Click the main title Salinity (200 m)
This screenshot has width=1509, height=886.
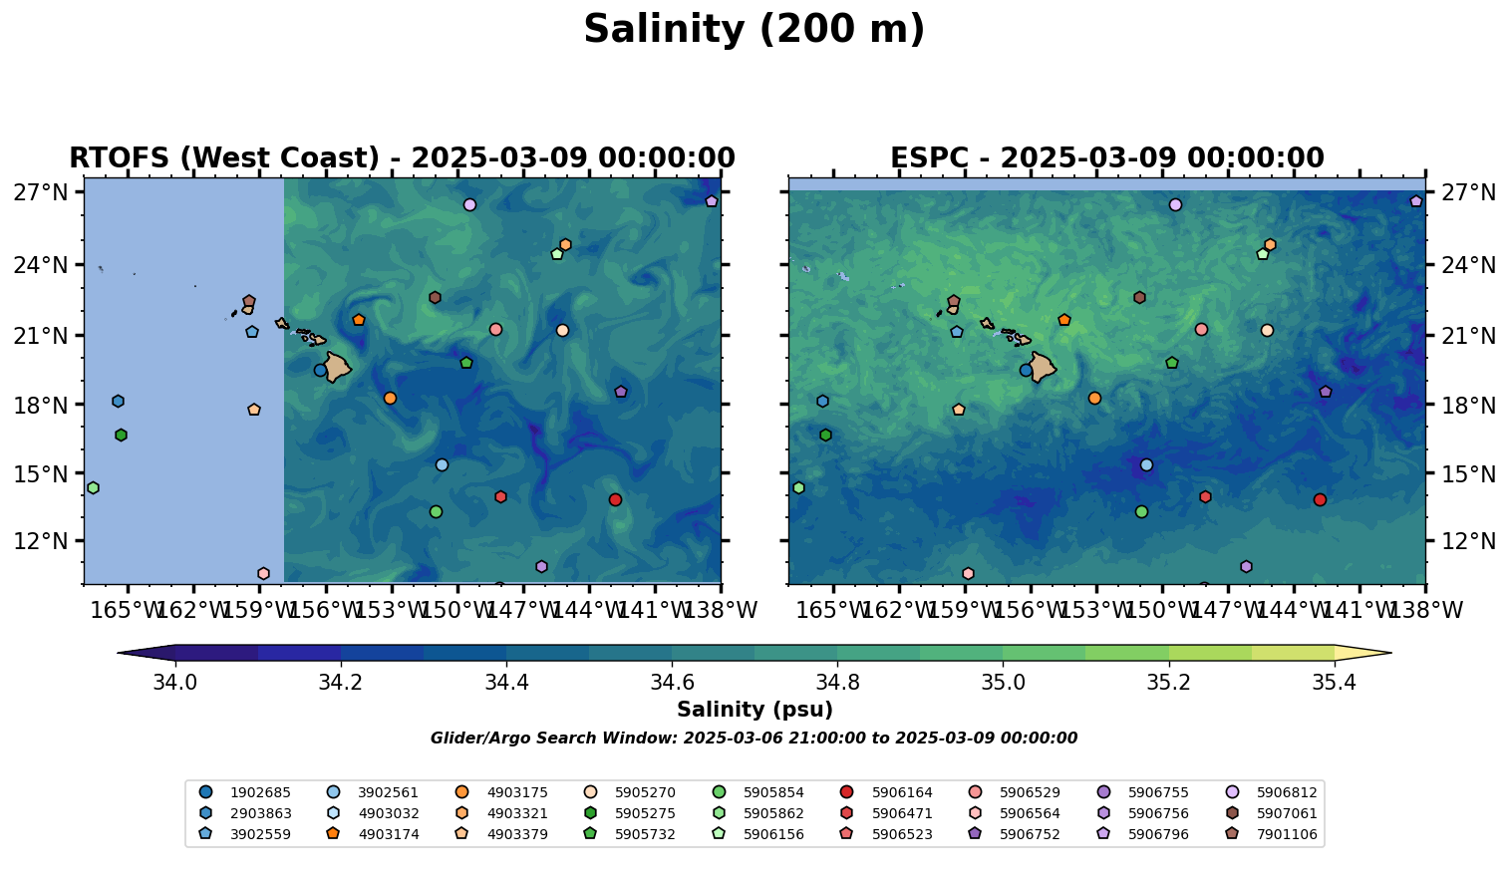(x=754, y=30)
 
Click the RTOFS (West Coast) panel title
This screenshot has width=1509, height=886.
(x=402, y=158)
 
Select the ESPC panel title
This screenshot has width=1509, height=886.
(x=1106, y=158)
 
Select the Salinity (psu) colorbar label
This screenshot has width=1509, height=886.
(x=754, y=710)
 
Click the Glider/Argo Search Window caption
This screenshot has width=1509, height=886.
(x=754, y=738)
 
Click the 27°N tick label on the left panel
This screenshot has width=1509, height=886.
(x=40, y=192)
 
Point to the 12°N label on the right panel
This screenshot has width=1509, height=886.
(x=1467, y=541)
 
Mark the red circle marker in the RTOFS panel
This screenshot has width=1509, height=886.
(x=615, y=499)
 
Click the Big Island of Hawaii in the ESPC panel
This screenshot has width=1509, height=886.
(x=1043, y=367)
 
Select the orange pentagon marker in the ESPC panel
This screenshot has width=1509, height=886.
(x=1063, y=320)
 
